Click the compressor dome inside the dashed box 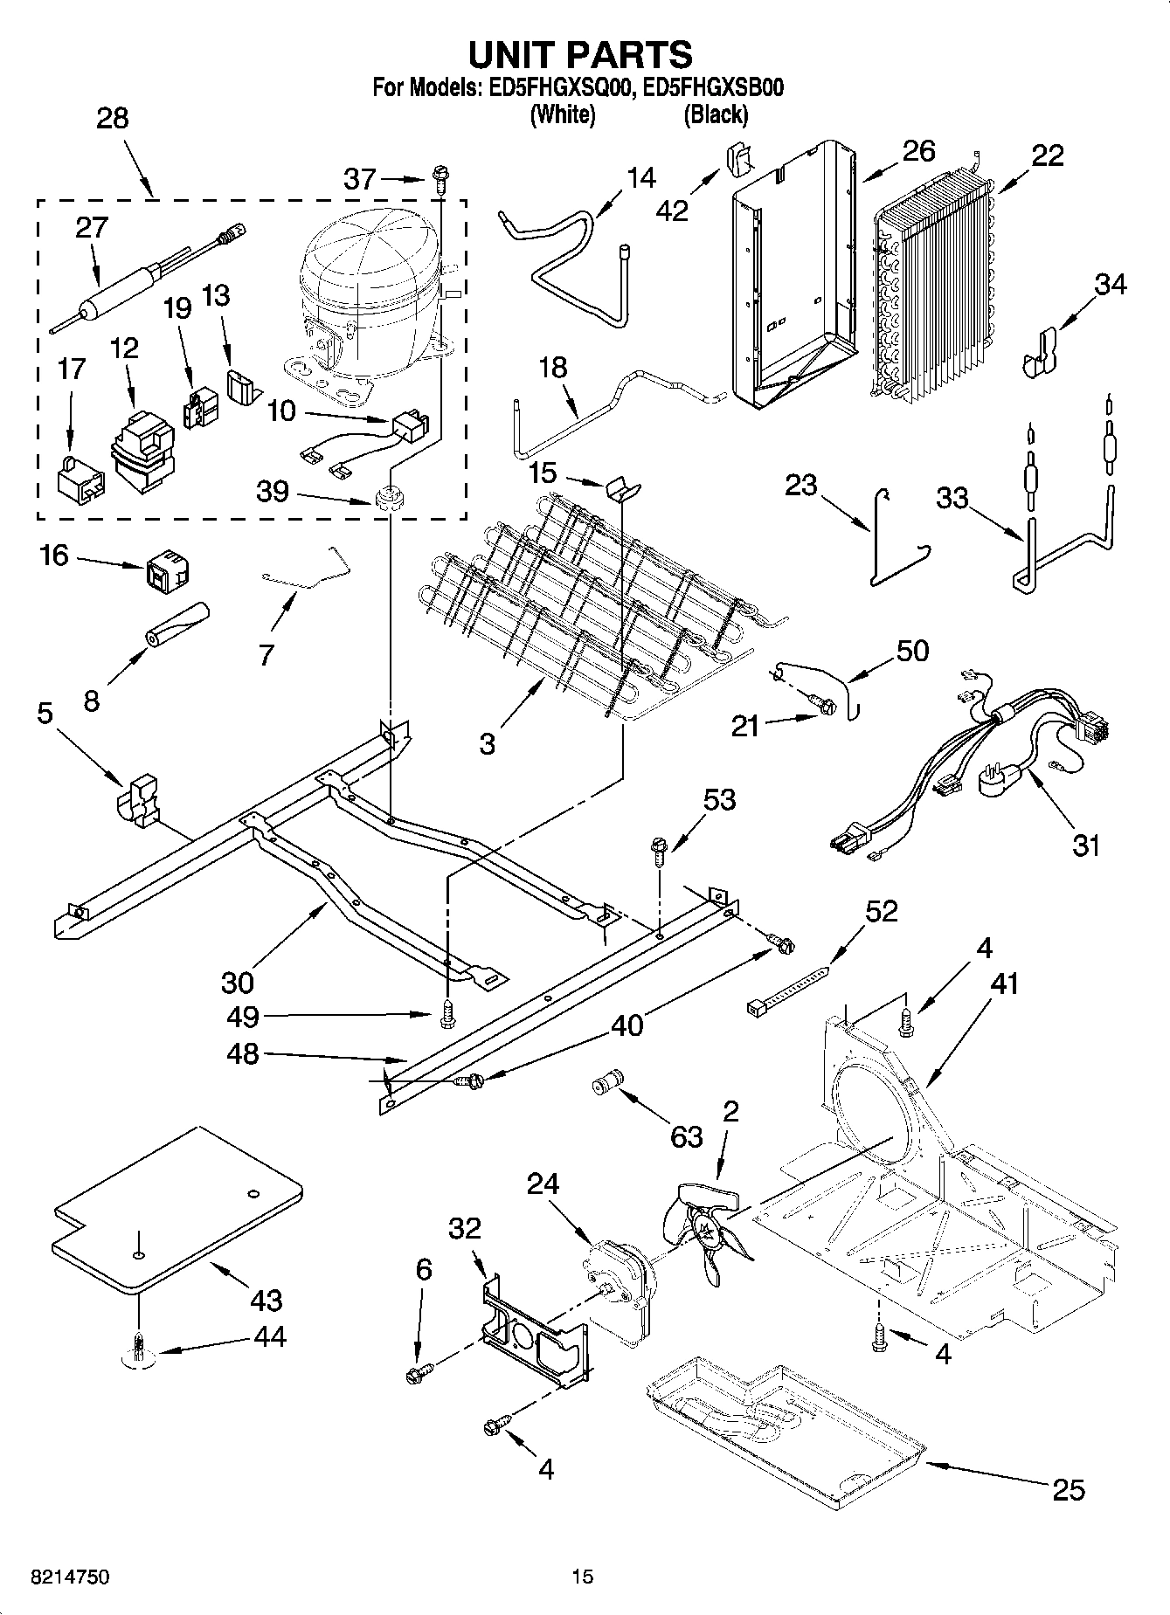(x=367, y=262)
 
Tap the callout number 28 (x=113, y=119)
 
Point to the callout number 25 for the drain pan (x=1069, y=1488)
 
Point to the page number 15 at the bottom (x=583, y=1577)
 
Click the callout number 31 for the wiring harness (x=1085, y=845)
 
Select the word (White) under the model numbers (x=564, y=114)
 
